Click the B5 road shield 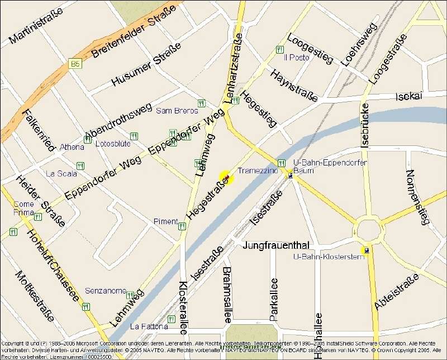pyautogui.click(x=75, y=64)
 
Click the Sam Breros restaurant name pyautogui.click(x=177, y=111)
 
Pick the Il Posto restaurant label pyautogui.click(x=296, y=58)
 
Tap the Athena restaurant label pyautogui.click(x=72, y=147)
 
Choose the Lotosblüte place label pyautogui.click(x=113, y=144)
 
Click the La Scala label pyautogui.click(x=61, y=173)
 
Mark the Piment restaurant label pyautogui.click(x=165, y=222)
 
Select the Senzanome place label pyautogui.click(x=106, y=291)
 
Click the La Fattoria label pyautogui.click(x=149, y=326)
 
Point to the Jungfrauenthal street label pyautogui.click(x=276, y=245)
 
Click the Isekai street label pyautogui.click(x=408, y=97)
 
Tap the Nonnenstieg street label pyautogui.click(x=417, y=197)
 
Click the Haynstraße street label pyautogui.click(x=293, y=86)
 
